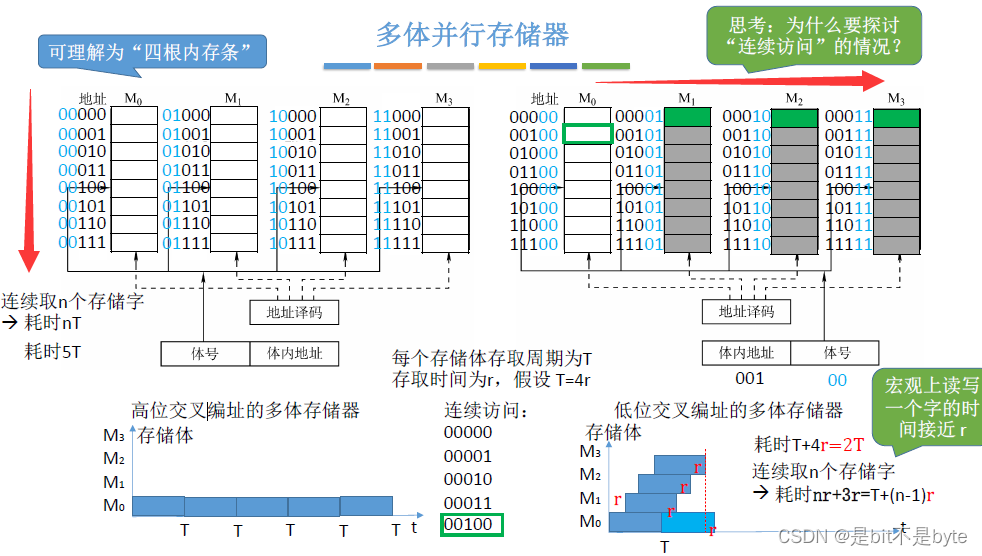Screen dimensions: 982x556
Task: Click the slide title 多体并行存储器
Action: [471, 35]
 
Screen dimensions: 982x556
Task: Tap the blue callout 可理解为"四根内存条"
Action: [151, 52]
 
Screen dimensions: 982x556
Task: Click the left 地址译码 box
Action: [293, 313]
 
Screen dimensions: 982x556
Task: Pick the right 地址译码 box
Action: [746, 312]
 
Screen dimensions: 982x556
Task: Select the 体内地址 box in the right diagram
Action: [747, 352]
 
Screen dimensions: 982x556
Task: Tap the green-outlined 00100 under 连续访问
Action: [471, 525]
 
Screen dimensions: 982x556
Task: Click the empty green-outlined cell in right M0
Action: [588, 135]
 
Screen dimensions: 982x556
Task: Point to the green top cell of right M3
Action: [896, 117]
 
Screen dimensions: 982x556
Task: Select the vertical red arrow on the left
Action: [30, 180]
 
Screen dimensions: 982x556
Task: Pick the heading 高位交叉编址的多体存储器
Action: [246, 410]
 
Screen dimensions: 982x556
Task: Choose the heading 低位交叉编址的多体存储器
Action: [729, 410]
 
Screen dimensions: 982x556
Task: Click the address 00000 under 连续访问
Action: [468, 433]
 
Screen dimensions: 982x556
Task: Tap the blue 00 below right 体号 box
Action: [836, 379]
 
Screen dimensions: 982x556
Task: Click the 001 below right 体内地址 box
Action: [749, 379]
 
